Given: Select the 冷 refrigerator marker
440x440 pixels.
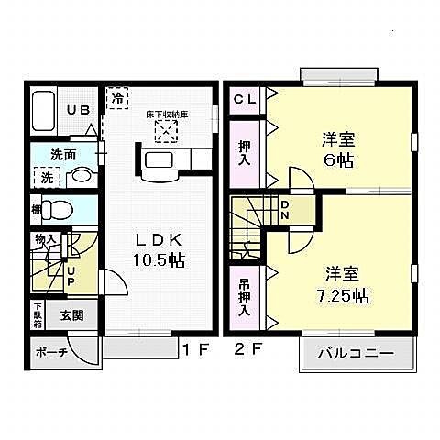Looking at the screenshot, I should [x=117, y=96].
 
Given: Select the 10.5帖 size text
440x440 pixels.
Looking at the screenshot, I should [x=159, y=260].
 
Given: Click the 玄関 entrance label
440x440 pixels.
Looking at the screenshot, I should [x=73, y=314].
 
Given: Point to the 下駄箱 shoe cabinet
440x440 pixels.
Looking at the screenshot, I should [x=38, y=313].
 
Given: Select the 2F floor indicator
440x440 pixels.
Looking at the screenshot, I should [x=243, y=349].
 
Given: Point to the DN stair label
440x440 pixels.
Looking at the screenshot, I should [x=284, y=210].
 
